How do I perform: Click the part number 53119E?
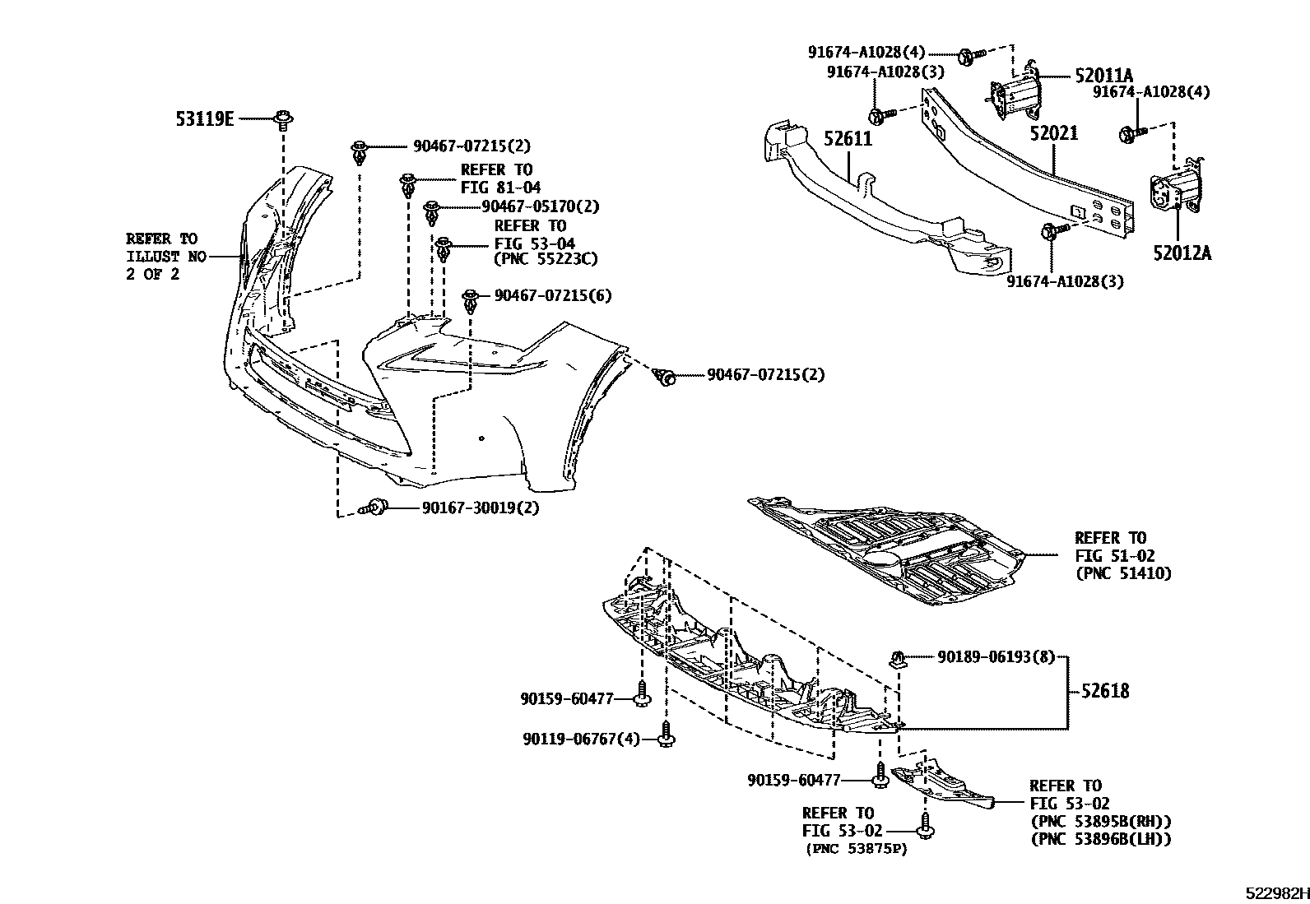204,119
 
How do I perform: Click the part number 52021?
1053,133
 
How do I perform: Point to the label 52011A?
1103,76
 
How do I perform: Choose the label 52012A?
1182,253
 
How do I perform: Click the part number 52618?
1105,691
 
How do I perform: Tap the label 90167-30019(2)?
481,508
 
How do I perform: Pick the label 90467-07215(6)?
553,295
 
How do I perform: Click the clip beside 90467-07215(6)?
472,301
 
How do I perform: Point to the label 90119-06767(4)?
579,739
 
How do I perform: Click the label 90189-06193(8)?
996,656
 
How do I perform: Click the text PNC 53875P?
857,849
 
